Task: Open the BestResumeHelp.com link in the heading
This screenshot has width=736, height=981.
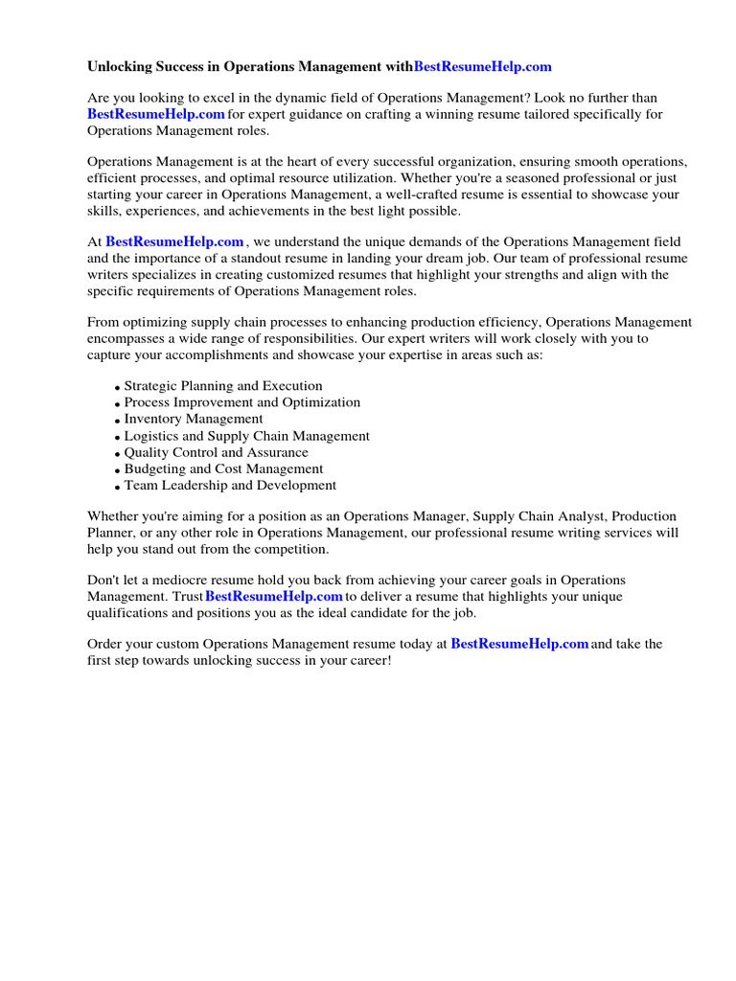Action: [483, 67]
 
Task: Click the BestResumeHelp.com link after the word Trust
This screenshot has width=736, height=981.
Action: [274, 597]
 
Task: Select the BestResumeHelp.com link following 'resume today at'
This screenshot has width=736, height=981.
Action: [519, 645]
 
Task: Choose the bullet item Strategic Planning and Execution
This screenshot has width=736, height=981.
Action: [223, 386]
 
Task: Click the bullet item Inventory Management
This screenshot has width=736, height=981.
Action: [194, 419]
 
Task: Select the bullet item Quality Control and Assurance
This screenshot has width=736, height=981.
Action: [217, 452]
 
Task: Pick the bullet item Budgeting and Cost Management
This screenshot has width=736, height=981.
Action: [223, 469]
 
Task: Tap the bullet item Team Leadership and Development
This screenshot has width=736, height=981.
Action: [230, 486]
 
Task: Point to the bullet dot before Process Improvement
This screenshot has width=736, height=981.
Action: [118, 404]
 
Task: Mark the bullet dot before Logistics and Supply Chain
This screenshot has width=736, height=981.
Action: [118, 438]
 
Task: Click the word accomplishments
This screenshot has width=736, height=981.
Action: [207, 354]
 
